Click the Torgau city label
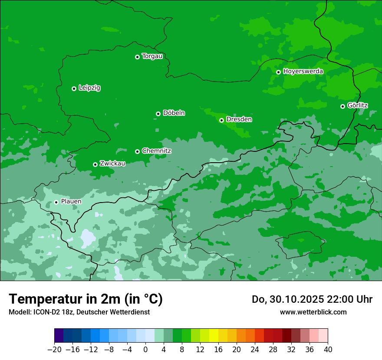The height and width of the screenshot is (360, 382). pos(152,56)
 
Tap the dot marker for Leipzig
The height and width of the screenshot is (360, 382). pos(74,88)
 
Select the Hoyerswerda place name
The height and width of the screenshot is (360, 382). pos(303,72)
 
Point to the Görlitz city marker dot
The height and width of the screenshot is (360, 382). pos(342,106)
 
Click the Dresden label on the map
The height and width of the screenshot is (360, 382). pos(239,119)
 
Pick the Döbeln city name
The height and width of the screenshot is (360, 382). pos(174,113)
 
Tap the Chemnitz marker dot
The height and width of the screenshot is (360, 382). pos(137,151)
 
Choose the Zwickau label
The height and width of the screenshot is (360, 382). pos(112,164)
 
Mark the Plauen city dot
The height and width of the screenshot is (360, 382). pos(56,202)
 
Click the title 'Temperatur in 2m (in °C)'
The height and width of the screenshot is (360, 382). pos(86,299)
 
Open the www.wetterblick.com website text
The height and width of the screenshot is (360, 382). pos(313,312)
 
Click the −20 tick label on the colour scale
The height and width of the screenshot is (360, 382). pos(54,350)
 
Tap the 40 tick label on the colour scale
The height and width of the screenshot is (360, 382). pos(328,350)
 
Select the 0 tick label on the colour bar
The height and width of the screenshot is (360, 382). pos(145,350)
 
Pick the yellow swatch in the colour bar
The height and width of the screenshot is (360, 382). pos(214,336)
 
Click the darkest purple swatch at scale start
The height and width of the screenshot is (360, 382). pos(59,336)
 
